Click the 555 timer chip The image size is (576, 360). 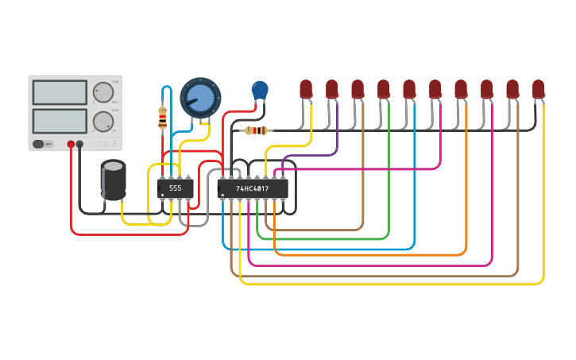coord(176,188)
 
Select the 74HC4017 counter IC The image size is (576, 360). coord(253,188)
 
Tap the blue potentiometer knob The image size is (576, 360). coord(197,98)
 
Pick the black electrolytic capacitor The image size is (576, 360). coord(113,180)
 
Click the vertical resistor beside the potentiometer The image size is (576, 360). coord(163,118)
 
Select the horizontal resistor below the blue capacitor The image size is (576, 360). coord(255,130)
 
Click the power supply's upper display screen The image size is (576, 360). coord(60,92)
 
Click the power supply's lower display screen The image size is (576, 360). coord(60,120)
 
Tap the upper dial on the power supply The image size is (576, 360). coord(102,92)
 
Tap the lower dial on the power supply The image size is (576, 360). coord(102,121)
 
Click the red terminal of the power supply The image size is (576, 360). coord(71,144)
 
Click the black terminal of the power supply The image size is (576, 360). coord(79,144)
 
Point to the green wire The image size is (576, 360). coord(389,199)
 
